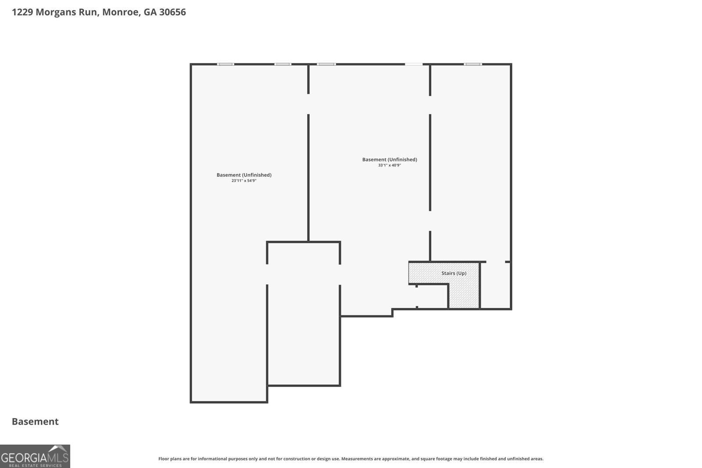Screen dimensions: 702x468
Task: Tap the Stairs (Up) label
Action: tap(454, 273)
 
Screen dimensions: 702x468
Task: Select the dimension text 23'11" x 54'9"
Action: tap(244, 181)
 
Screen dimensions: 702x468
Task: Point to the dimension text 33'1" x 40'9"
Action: tap(390, 165)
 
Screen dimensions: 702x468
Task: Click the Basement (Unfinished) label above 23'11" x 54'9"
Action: tap(244, 175)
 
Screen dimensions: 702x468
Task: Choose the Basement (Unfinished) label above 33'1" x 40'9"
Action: tap(390, 160)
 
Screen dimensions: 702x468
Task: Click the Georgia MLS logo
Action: tap(35, 456)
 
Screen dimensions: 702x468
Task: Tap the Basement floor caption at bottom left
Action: tap(35, 422)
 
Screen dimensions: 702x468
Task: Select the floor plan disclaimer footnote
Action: tap(351, 459)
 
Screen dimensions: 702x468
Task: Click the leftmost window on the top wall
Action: tap(226, 64)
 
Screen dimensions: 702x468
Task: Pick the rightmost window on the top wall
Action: tap(473, 64)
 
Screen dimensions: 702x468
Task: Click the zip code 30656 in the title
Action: tap(172, 12)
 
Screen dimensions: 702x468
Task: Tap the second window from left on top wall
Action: tap(283, 64)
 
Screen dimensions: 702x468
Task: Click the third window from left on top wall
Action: tap(326, 64)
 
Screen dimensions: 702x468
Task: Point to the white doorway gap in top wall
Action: tap(414, 64)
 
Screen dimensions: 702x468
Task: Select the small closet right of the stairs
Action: tap(495, 286)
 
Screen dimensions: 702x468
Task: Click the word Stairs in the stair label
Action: tap(448, 273)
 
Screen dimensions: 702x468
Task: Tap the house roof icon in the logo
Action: tap(59, 449)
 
